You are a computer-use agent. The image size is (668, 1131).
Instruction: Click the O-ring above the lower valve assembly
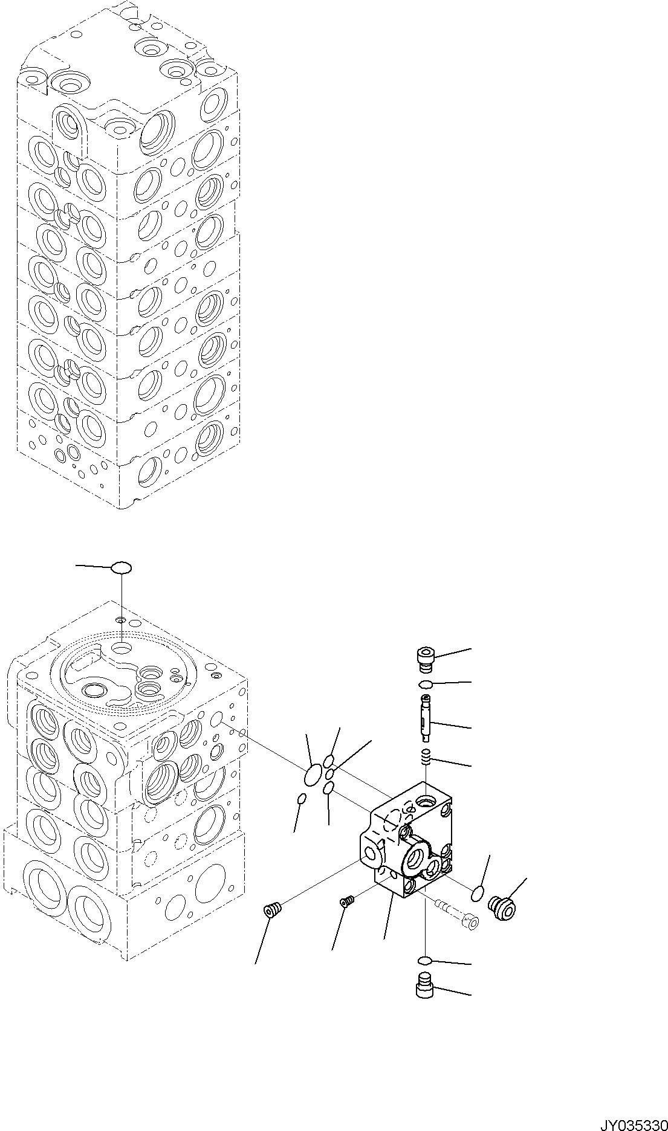pos(122,567)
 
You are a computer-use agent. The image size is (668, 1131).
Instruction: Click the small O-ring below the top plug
pos(426,684)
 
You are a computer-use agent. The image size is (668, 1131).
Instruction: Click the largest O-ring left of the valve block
pos(313,775)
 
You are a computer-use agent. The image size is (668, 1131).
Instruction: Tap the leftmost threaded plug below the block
pos(273,910)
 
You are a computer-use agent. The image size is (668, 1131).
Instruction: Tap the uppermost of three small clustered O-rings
pos(329,760)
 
